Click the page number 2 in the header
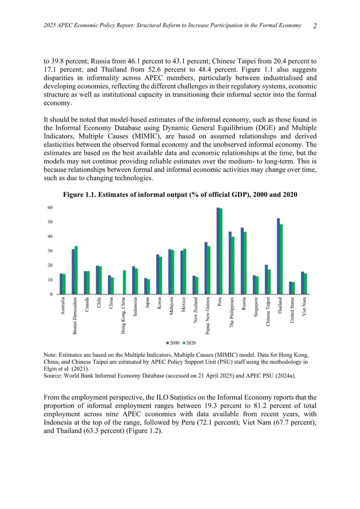tap(315, 26)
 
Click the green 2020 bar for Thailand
tap(281, 259)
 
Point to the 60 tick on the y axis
tap(50, 207)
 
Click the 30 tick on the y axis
tap(50, 251)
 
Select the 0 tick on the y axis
tap(51, 294)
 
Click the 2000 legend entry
tap(173, 343)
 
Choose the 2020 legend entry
tap(189, 343)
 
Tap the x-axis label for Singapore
tap(256, 307)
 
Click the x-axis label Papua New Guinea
tap(208, 315)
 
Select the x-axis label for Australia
tap(63, 306)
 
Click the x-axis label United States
tap(292, 310)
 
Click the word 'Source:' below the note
tap(53, 376)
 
